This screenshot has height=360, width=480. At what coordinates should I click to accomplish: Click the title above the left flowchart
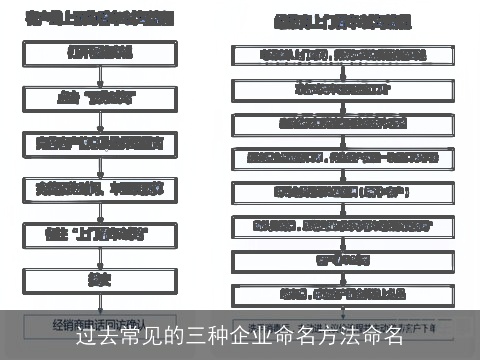click(x=97, y=18)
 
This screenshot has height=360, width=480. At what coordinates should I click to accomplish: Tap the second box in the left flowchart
click(x=97, y=98)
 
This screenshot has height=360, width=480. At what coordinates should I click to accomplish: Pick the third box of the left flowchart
click(x=97, y=144)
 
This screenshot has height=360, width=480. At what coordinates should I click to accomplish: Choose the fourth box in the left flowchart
click(x=97, y=188)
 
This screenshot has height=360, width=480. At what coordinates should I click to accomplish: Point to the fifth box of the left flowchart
click(x=97, y=234)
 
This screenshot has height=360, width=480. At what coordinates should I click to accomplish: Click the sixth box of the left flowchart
click(x=97, y=280)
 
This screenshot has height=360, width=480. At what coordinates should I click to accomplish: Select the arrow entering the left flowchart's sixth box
click(x=97, y=257)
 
